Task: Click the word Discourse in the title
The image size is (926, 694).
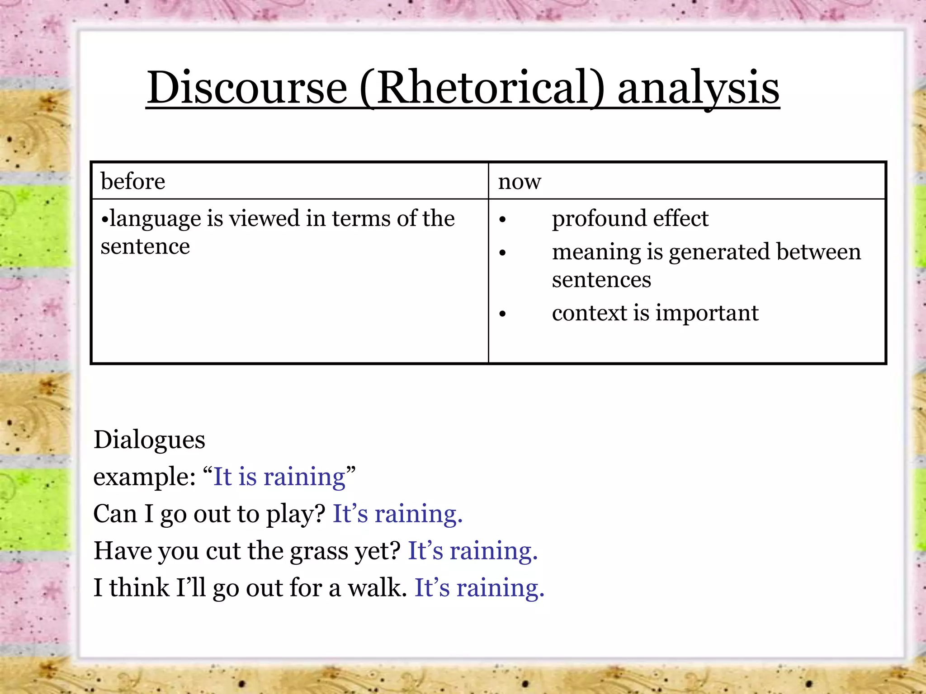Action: point(247,88)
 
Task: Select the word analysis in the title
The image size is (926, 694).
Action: point(698,88)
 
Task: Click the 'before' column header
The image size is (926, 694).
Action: point(133,181)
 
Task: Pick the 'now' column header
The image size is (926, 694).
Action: point(520,182)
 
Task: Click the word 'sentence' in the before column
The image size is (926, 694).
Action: point(145,247)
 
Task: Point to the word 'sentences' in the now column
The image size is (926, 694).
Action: point(601,280)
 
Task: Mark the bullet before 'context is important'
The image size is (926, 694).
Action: point(502,314)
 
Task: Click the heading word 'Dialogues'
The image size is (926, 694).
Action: point(149,440)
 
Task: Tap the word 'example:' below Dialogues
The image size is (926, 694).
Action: point(144,477)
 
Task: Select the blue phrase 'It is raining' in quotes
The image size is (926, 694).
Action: point(279,477)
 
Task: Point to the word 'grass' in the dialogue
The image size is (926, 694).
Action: point(319,551)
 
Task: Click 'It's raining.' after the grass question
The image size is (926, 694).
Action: point(472,551)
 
